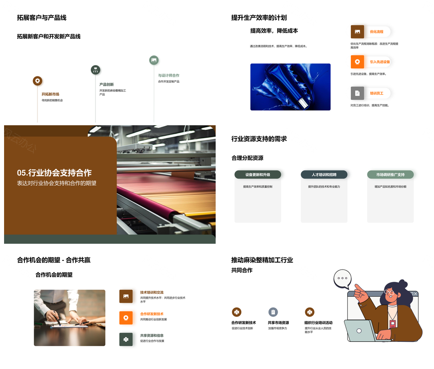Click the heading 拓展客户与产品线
tap(42, 18)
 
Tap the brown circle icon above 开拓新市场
tap(38, 81)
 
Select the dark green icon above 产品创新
tap(95, 70)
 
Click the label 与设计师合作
tap(169, 76)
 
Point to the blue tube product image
tap(290, 87)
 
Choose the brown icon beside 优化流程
tap(357, 32)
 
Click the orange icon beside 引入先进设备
tap(357, 61)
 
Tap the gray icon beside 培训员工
tap(357, 93)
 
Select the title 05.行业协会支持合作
tap(54, 173)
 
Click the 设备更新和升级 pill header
tap(258, 175)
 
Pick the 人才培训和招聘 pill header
tap(324, 175)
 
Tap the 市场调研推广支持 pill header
tap(390, 175)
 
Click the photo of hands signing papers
tap(70, 317)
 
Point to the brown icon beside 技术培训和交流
tap(126, 296)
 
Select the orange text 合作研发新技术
tap(152, 314)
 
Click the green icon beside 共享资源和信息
tap(126, 339)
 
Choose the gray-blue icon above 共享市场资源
tap(273, 312)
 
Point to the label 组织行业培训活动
tap(318, 323)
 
